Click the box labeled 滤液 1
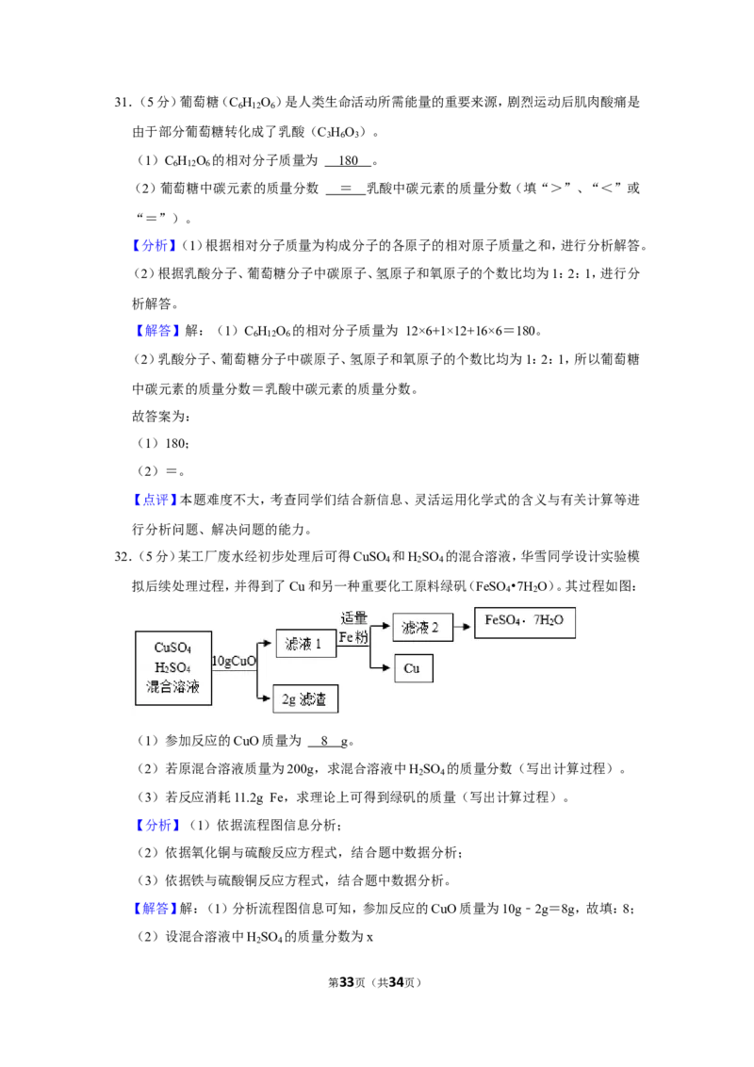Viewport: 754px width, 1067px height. click(x=305, y=643)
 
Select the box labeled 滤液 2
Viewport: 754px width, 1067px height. click(x=422, y=627)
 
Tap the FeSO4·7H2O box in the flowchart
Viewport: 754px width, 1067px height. click(x=525, y=622)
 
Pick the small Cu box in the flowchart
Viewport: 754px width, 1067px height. click(x=413, y=668)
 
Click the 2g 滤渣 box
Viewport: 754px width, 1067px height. click(x=305, y=698)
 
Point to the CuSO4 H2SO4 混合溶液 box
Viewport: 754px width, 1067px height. click(x=173, y=667)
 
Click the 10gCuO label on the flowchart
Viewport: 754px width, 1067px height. click(x=234, y=661)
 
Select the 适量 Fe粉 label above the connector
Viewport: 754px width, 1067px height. click(x=353, y=628)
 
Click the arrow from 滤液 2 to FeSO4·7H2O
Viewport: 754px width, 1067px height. click(x=463, y=626)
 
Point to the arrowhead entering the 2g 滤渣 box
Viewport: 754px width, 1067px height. click(x=266, y=698)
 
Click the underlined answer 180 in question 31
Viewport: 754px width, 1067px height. click(x=348, y=160)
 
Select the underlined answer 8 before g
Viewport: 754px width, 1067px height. click(x=324, y=740)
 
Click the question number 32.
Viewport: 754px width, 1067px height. click(x=123, y=557)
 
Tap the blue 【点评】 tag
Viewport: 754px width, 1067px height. click(x=155, y=500)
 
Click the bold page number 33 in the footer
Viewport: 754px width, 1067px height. click(x=347, y=982)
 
